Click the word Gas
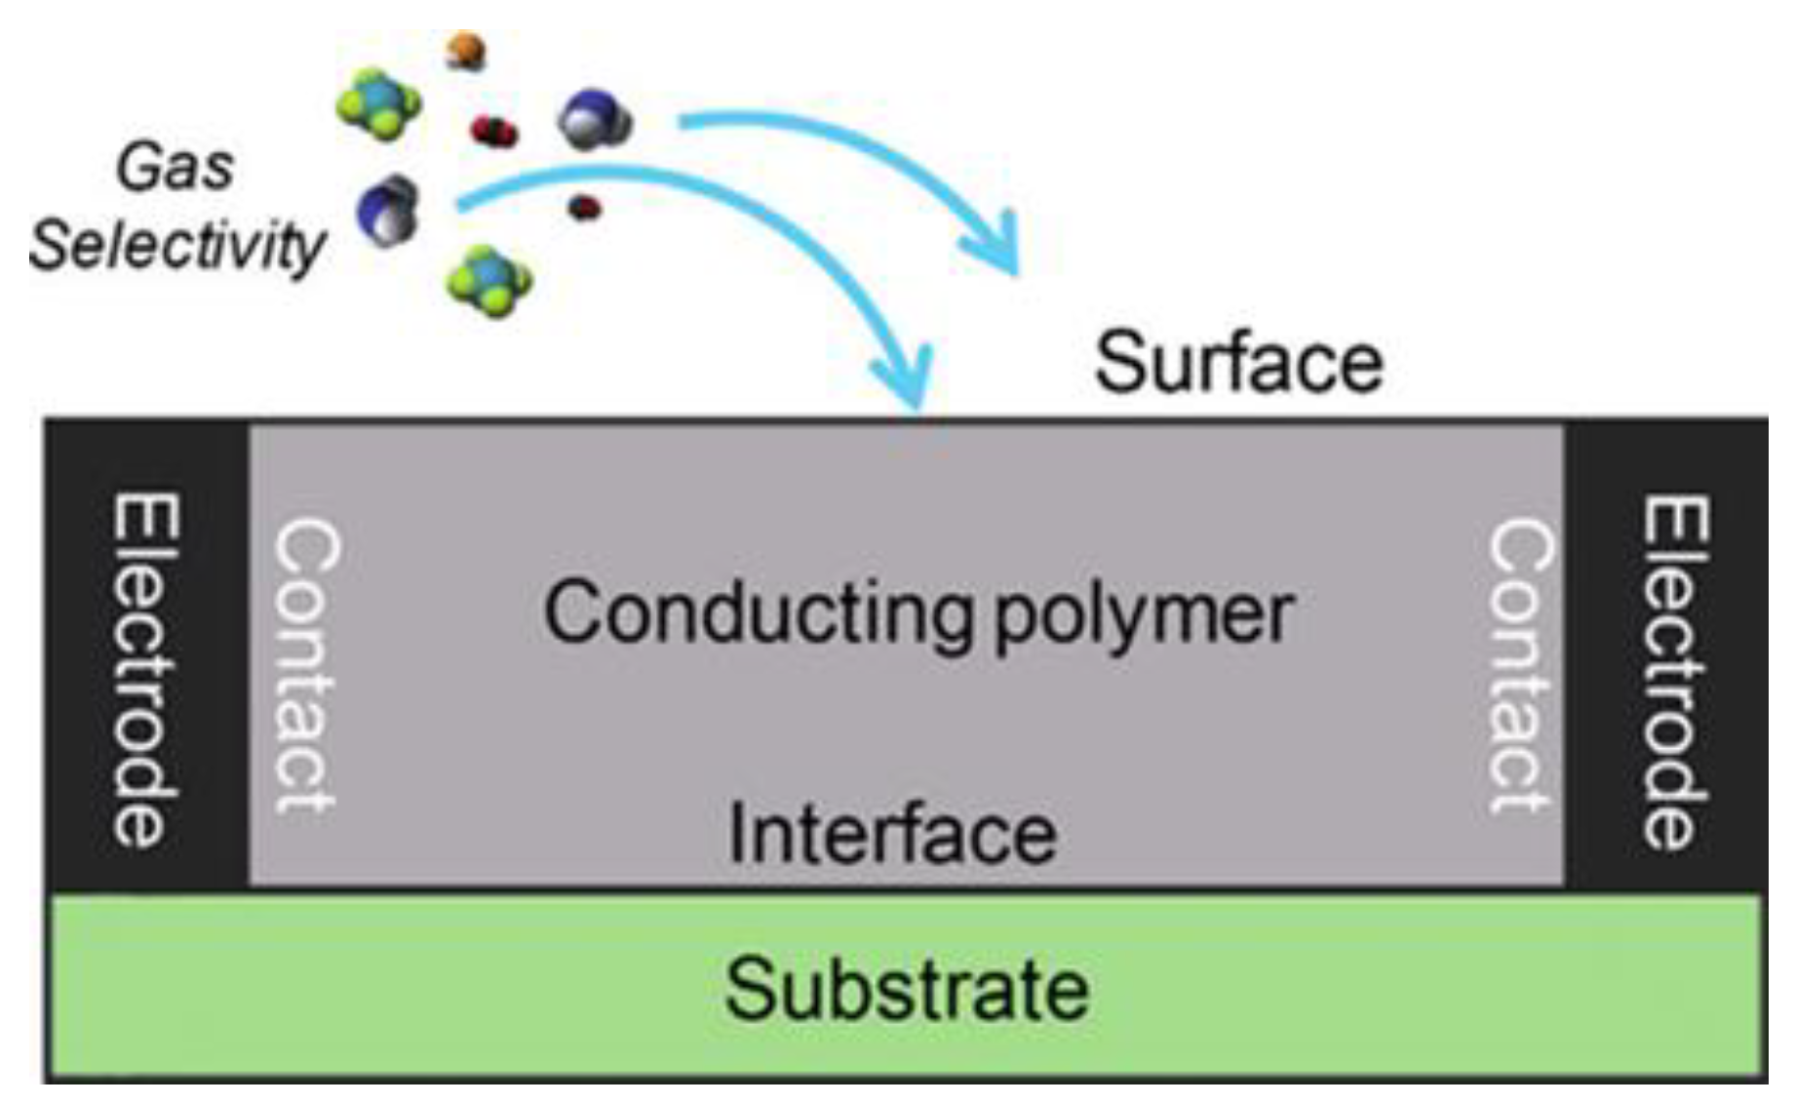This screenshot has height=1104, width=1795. click(176, 168)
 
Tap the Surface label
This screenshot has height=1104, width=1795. click(1238, 363)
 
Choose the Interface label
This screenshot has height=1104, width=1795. click(892, 834)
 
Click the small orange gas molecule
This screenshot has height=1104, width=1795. click(466, 50)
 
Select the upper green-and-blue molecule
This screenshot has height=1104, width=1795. click(378, 103)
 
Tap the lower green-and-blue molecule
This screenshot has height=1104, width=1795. click(489, 281)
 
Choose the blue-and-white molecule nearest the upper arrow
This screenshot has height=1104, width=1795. click(594, 121)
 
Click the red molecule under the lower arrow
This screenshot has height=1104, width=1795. click(584, 207)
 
